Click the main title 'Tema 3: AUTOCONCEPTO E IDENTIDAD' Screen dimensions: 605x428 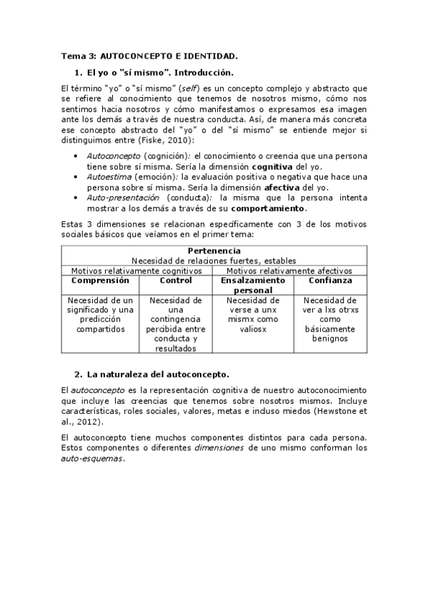click(x=149, y=55)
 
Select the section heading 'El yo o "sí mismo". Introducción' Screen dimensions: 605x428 click(x=159, y=73)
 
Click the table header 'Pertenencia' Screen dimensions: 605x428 click(x=214, y=251)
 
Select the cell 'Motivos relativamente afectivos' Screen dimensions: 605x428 click(x=289, y=271)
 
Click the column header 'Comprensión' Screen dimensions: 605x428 click(x=100, y=281)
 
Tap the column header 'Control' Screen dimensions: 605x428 click(x=175, y=281)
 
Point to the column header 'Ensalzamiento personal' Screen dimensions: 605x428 click(x=253, y=285)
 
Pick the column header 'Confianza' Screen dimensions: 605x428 click(x=329, y=281)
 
